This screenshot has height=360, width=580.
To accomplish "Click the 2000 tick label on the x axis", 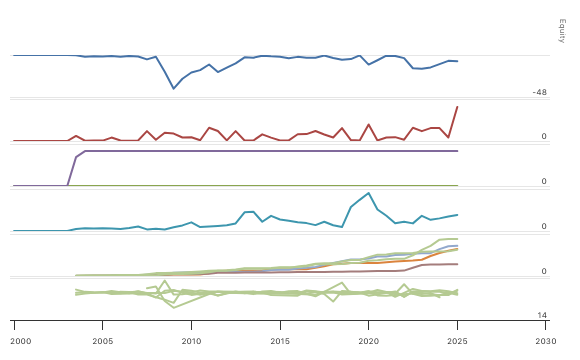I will pyautogui.click(x=14, y=341).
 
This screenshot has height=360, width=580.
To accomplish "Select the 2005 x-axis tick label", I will pyautogui.click(x=103, y=341).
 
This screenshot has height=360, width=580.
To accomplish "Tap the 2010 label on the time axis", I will pyautogui.click(x=192, y=341).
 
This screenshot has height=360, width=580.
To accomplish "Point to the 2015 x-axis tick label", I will pyautogui.click(x=281, y=341).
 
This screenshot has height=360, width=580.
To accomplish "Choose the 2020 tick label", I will pyautogui.click(x=369, y=341).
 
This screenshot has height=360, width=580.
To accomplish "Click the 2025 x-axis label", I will pyautogui.click(x=458, y=341).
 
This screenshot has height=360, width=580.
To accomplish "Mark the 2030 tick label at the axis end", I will pyautogui.click(x=546, y=341).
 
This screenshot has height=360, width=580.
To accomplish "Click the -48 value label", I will pyautogui.click(x=540, y=92).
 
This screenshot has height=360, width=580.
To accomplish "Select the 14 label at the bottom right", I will pyautogui.click(x=542, y=316).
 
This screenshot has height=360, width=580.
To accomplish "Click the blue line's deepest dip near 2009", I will pyautogui.click(x=174, y=89).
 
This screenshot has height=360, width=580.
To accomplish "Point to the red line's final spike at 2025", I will pyautogui.click(x=458, y=106).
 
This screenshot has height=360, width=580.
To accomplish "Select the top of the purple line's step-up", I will pyautogui.click(x=85, y=151).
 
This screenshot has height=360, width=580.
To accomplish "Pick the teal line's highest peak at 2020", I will pyautogui.click(x=369, y=193).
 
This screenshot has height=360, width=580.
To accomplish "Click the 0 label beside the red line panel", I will pyautogui.click(x=544, y=137).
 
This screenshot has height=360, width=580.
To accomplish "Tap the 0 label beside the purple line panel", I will pyautogui.click(x=544, y=182).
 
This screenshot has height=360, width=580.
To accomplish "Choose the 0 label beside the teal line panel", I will pyautogui.click(x=544, y=227).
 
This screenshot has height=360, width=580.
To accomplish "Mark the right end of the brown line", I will pyautogui.click(x=458, y=264).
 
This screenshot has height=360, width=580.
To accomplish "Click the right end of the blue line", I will pyautogui.click(x=458, y=62).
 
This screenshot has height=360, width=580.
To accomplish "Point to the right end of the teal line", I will pyautogui.click(x=458, y=214).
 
